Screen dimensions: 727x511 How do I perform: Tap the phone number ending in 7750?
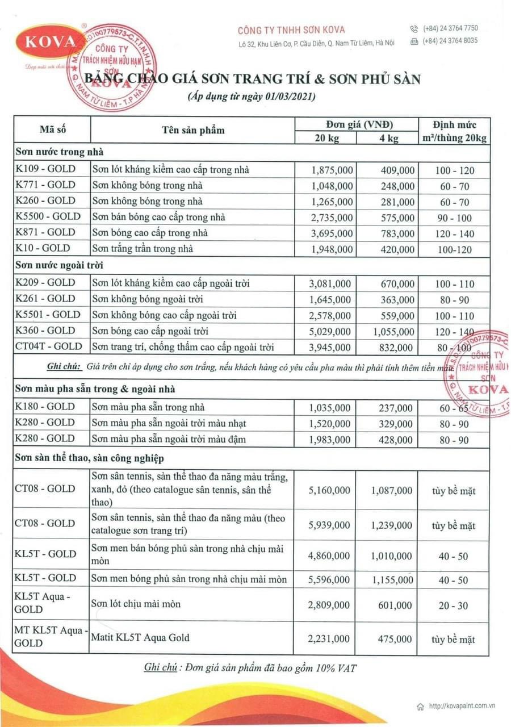pos(450,28)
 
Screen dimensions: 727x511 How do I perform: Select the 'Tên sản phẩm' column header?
pos(192,130)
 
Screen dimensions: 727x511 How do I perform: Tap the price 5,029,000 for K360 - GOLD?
pos(331,331)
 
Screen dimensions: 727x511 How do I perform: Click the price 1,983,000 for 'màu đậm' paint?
pos(331,439)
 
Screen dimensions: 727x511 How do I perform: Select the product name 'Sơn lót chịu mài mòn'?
pos(136,604)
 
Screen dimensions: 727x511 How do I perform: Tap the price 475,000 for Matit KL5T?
pos(395,639)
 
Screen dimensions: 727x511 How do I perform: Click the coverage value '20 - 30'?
pos(453,606)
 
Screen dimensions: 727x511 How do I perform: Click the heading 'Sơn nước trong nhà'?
pos(60,152)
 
